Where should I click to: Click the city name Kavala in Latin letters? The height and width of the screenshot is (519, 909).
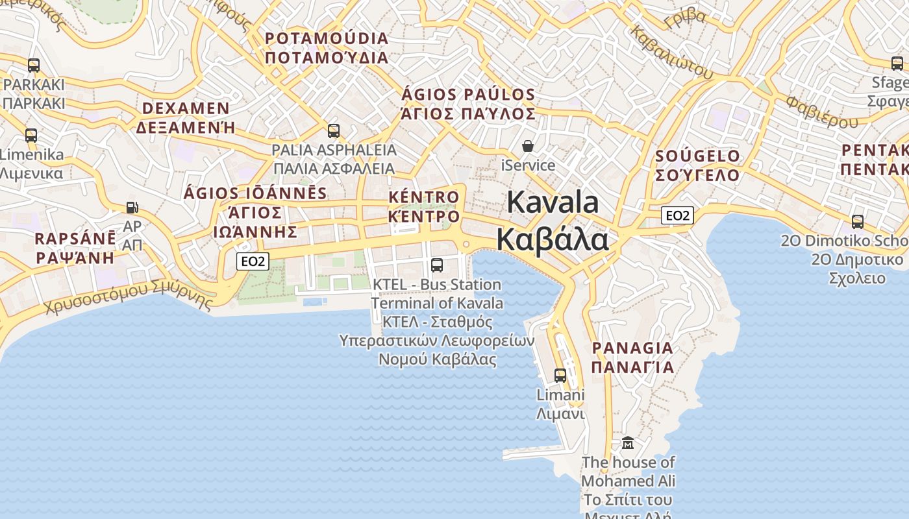coord(553,202)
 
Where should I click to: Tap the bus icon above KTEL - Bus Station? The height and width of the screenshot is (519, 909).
coord(437,265)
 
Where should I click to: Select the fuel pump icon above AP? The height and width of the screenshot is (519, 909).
coord(132,208)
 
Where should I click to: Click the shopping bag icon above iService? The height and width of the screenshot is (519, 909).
coord(528,146)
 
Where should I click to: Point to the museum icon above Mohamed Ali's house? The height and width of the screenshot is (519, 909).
coord(628,443)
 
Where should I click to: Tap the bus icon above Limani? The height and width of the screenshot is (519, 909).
coord(560,375)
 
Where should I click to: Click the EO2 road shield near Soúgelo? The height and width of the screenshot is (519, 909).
coord(677,215)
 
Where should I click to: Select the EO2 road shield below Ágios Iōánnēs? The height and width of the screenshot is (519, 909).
coord(253,261)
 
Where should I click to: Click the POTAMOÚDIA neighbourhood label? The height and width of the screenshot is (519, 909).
coord(327,38)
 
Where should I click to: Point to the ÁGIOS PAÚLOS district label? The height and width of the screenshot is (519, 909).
coord(468,95)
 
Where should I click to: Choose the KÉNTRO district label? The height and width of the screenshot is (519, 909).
coord(423,197)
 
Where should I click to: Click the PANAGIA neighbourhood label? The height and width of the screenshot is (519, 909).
coord(632,348)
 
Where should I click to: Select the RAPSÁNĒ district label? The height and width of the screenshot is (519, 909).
coord(75,238)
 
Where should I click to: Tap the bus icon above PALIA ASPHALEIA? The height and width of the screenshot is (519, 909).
coord(334,131)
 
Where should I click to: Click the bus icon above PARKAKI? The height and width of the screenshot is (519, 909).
coord(34,66)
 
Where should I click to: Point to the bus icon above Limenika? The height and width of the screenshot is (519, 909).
coord(31,136)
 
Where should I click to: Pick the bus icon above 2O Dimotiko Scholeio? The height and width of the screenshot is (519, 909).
coord(858,222)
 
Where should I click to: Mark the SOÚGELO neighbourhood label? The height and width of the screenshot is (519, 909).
coord(697,156)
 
